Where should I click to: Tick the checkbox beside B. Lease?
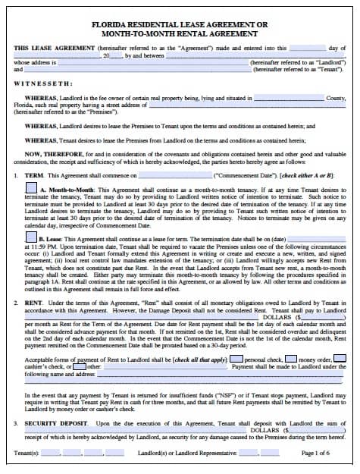[31, 238]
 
